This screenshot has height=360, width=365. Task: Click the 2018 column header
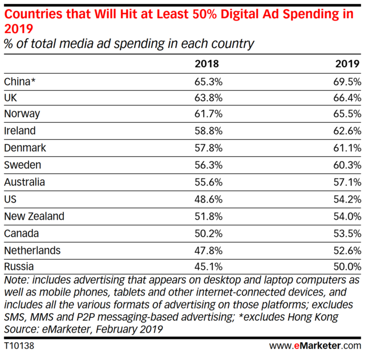click(x=206, y=63)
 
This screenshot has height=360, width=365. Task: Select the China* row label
click(x=20, y=82)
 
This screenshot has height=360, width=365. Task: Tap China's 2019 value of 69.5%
click(x=346, y=82)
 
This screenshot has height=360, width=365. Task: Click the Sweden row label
click(x=23, y=164)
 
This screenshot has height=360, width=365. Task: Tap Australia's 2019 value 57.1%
click(x=346, y=182)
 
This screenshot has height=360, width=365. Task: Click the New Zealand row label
click(x=34, y=216)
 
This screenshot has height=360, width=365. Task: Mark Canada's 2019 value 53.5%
click(x=346, y=233)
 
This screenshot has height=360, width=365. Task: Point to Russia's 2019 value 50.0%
click(x=346, y=267)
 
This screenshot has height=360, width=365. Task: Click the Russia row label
click(x=19, y=267)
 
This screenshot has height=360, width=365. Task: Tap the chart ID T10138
click(x=19, y=346)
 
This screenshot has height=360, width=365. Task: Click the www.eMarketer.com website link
click(x=314, y=346)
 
